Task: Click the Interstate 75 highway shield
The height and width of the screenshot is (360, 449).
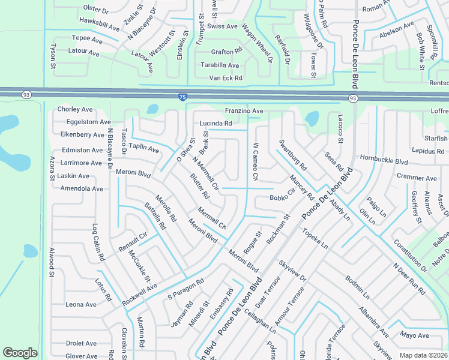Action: point(182,97)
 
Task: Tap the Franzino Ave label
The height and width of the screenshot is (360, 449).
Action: point(244,111)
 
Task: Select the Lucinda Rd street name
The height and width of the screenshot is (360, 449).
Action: point(216,123)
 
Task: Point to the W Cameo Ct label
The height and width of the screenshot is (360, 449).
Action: point(255,161)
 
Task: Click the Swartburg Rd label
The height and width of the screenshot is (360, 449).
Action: point(293,154)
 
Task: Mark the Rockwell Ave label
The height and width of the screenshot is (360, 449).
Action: point(139,294)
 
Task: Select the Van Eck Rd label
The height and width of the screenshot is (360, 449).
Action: point(225,78)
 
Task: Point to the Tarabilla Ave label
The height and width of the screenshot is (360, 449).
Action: point(220,65)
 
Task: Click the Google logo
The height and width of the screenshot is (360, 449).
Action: point(20,353)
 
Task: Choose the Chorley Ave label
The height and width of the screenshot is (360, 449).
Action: point(75,109)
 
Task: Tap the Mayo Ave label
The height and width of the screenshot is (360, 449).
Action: point(415,335)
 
